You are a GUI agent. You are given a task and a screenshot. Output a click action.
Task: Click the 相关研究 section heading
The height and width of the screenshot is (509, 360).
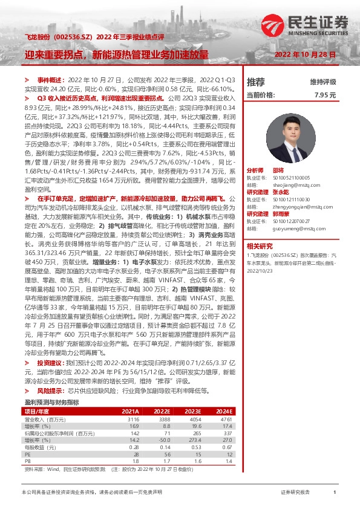click(260, 245)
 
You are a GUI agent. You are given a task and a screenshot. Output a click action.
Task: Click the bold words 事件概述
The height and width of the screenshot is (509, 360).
click(51, 80)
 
